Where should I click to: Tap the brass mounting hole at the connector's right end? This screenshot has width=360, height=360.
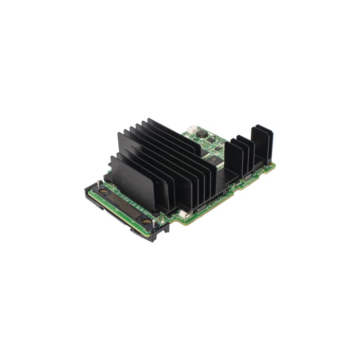coord(147,223)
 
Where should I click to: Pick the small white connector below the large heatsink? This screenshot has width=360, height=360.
coord(183,212)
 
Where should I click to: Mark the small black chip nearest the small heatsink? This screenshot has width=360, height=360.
coord(218,149)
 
